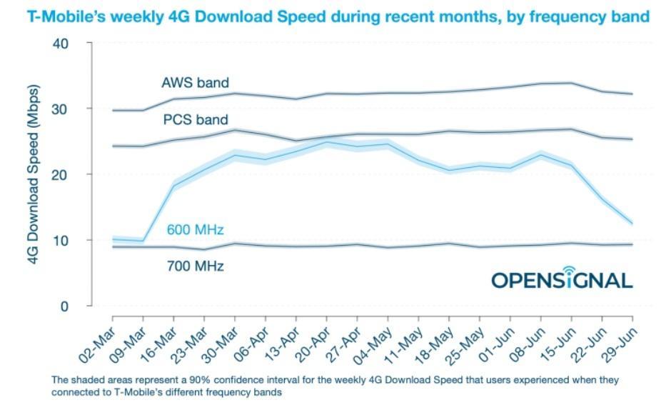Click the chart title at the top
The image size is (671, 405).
click(338, 16)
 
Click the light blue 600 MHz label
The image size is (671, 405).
click(195, 230)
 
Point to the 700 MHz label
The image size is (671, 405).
click(195, 266)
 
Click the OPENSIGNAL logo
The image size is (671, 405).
click(562, 278)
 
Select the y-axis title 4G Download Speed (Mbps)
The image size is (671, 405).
click(34, 175)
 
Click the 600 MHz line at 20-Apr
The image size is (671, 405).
click(327, 142)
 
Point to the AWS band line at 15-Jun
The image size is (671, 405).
click(571, 83)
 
